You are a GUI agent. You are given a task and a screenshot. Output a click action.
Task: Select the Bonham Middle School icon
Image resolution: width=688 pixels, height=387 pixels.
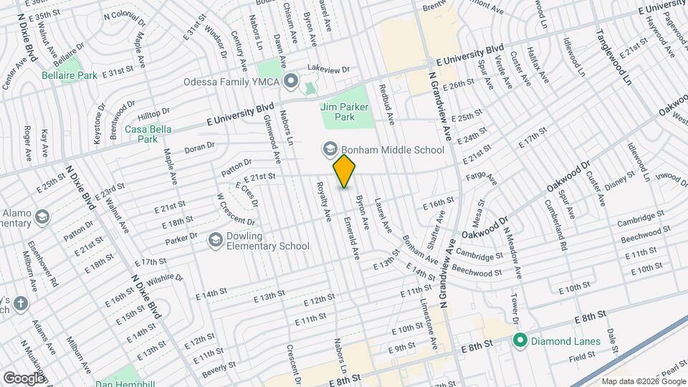tap(330, 150)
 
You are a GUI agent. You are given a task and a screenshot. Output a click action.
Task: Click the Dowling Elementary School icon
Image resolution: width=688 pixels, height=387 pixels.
tap(214, 240)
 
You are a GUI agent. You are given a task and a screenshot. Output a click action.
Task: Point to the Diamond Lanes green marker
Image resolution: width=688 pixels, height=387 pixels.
tap(521, 340)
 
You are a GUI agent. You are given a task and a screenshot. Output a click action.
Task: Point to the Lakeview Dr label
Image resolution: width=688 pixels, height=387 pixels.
tap(328, 70)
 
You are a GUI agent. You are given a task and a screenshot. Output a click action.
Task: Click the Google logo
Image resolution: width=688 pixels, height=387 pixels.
tap(24, 378)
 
